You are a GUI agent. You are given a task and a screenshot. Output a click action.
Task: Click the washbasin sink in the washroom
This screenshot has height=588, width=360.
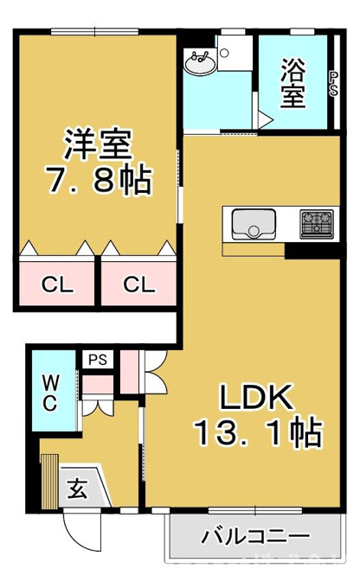click(x=201, y=62)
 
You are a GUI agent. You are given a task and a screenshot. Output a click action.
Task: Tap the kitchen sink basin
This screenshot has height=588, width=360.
click(x=254, y=224)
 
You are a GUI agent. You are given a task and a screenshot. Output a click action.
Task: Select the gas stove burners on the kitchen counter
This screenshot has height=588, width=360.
click(x=317, y=224)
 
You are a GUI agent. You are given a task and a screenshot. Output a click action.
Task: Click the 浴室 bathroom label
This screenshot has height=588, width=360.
click(x=293, y=83)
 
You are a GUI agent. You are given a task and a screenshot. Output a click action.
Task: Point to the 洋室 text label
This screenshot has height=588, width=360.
click(x=99, y=144)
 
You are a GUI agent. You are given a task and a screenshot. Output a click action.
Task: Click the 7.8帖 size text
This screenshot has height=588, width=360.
click(x=99, y=180)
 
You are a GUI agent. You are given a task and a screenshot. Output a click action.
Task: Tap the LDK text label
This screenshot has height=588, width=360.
click(x=256, y=397)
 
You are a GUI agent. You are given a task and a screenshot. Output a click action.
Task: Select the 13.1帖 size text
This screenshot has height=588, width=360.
click(x=258, y=432)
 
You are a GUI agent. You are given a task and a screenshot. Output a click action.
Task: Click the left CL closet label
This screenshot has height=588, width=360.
click(x=57, y=284)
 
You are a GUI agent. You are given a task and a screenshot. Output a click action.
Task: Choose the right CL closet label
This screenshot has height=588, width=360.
click(x=139, y=284)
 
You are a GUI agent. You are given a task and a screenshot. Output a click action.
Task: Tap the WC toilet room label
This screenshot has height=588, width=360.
click(x=50, y=393)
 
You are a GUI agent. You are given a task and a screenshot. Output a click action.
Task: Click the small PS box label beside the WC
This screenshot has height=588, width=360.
click(x=98, y=360)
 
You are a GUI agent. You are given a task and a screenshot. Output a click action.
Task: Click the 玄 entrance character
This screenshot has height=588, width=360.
click(x=78, y=489)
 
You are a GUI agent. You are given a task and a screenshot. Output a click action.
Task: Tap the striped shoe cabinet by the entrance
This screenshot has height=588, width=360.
click(x=49, y=481)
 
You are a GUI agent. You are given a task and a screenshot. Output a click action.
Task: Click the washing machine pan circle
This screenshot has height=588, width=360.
click(x=224, y=53)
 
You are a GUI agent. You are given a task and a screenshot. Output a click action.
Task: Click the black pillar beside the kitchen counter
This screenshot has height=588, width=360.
click(x=312, y=251)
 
